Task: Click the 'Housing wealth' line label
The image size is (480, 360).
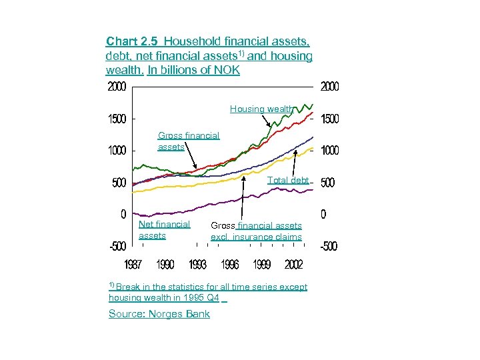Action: (261, 109)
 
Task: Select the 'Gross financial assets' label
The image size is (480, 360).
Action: (188, 141)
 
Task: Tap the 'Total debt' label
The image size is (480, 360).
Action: (288, 180)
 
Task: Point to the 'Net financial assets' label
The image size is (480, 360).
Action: (164, 230)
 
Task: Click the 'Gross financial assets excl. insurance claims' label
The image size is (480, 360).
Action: (256, 231)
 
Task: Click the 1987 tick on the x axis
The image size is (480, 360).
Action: (133, 265)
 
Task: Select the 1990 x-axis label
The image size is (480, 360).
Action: (165, 265)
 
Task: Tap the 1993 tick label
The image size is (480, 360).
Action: (197, 265)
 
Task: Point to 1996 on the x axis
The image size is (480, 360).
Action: (229, 265)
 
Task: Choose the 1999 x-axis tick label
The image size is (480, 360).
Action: (261, 265)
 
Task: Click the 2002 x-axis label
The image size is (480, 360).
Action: (293, 265)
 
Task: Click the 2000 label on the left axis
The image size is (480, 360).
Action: (117, 87)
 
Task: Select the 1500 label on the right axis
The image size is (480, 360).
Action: (330, 119)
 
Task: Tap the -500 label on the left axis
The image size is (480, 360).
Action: (117, 246)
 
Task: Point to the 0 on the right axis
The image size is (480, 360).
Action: (324, 215)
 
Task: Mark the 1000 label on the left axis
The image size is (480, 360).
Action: (117, 151)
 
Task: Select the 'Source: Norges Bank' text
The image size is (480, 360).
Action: (159, 314)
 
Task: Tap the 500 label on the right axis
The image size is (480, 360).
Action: (327, 183)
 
